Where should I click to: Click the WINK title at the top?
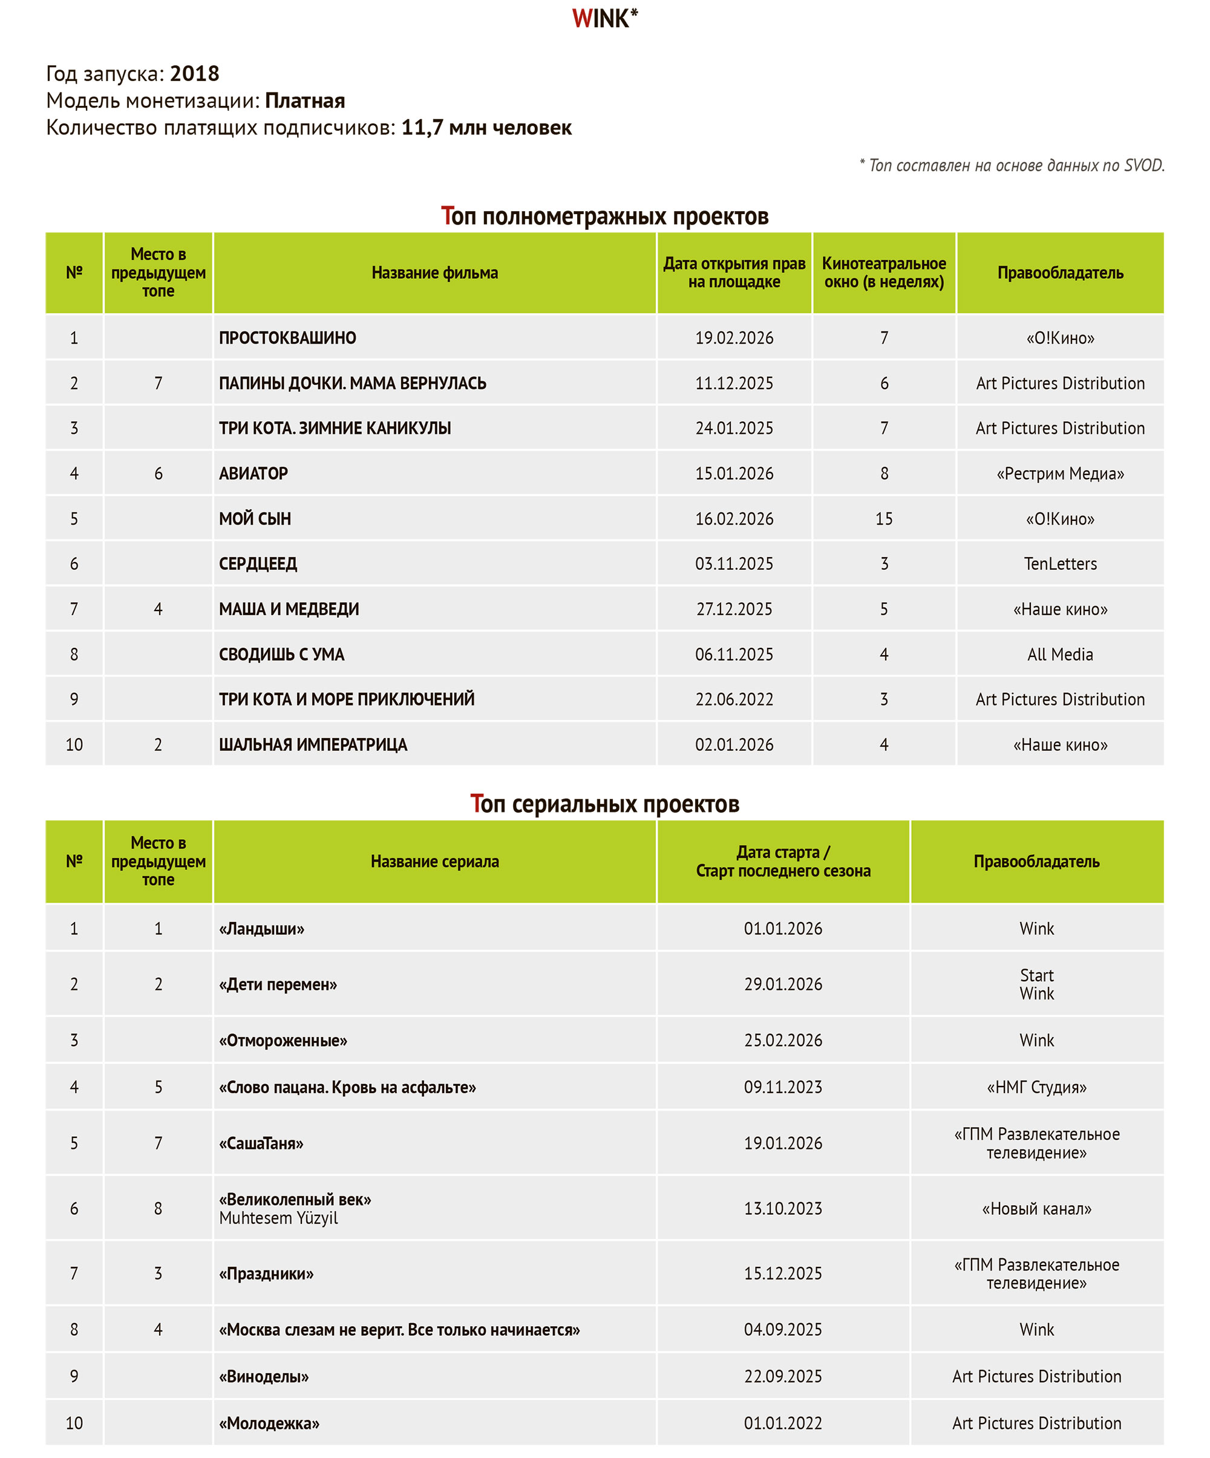pos(604,19)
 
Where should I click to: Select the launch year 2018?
pos(194,74)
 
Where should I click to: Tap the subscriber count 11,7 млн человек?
pos(486,128)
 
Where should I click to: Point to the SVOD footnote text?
pos(1012,165)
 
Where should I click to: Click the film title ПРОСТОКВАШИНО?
pos(287,338)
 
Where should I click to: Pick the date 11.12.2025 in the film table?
pos(734,383)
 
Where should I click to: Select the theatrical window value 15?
pos(884,518)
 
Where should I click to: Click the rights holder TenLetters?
pos(1060,564)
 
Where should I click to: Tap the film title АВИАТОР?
pos(253,474)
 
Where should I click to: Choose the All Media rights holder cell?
pos(1060,654)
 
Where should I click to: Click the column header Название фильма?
pos(434,273)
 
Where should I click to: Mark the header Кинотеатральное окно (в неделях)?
pos(884,273)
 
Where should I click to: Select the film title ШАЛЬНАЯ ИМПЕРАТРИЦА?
pos(313,744)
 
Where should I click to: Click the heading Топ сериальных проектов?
pos(604,804)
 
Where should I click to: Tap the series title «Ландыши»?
pos(262,929)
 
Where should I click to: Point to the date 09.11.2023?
pos(783,1087)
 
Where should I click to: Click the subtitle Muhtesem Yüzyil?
pos(278,1218)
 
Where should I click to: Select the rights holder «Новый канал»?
pos(1036,1209)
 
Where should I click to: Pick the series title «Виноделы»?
pos(264,1377)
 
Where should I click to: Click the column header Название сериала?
pos(434,861)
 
